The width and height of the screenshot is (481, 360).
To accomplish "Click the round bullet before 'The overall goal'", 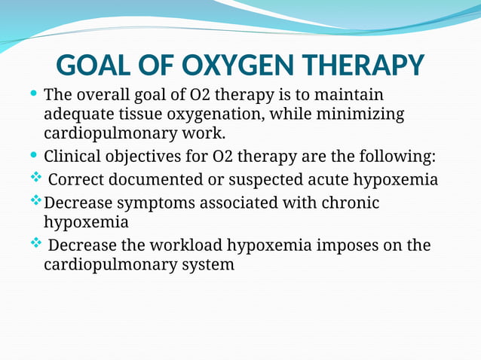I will [x=33, y=96].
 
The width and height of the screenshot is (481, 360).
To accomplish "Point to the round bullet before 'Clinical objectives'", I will [x=33, y=156].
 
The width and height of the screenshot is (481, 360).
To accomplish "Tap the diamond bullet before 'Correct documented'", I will [x=35, y=180].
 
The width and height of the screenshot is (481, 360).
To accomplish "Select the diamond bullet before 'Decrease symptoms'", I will [x=35, y=203].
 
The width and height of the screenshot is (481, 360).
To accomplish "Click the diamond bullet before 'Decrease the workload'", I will [x=35, y=245].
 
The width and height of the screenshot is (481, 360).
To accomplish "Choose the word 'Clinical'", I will [x=76, y=157].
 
